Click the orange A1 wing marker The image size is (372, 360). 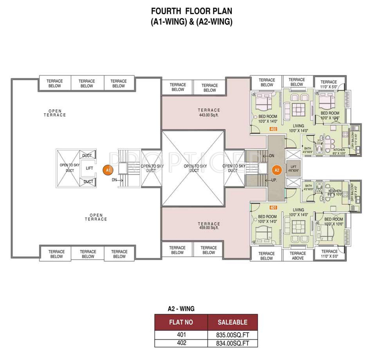tap(108, 170)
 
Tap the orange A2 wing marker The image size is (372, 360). tap(277, 170)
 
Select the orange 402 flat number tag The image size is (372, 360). tap(273, 129)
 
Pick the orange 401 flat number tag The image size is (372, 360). tap(273, 208)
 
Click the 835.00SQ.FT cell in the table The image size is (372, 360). tap(232, 335)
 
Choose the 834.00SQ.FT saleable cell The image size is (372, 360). tap(232, 343)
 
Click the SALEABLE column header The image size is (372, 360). tap(232, 322)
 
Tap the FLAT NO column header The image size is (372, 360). tap(181, 322)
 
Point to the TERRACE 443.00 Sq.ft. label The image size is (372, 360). tap(209, 112)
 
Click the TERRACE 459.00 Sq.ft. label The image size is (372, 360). tap(209, 226)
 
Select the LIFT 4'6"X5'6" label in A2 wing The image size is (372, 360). tap(293, 169)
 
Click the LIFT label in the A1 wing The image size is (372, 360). tap(89, 168)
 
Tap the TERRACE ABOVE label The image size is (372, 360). tap(298, 256)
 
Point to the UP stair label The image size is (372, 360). tap(274, 180)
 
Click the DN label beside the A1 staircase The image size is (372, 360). tap(114, 180)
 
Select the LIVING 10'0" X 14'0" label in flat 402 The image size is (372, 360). tap(298, 128)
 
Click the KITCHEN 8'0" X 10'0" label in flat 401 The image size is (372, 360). tap(335, 193)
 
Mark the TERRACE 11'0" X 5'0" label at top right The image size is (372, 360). tap(329, 84)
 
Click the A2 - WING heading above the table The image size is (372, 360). tap(181, 309)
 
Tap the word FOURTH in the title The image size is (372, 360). tap(166, 11)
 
